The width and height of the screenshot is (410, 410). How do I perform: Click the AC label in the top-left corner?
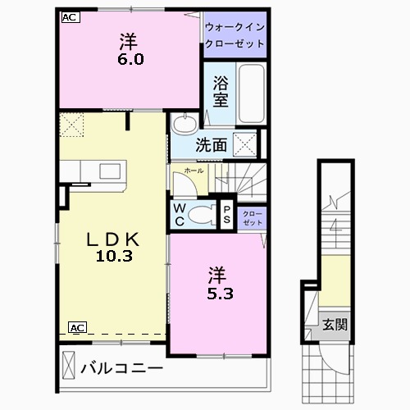pos(70,16)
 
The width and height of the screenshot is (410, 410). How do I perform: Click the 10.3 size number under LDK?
pos(113,256)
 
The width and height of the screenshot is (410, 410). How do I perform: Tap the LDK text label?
pos(114,239)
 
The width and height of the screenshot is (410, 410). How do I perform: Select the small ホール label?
pos(194,171)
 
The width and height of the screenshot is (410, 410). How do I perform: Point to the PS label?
pos(227,215)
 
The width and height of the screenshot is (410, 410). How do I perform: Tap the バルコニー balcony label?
pos(121,368)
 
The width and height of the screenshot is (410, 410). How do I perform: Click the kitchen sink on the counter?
pos(109,171)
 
